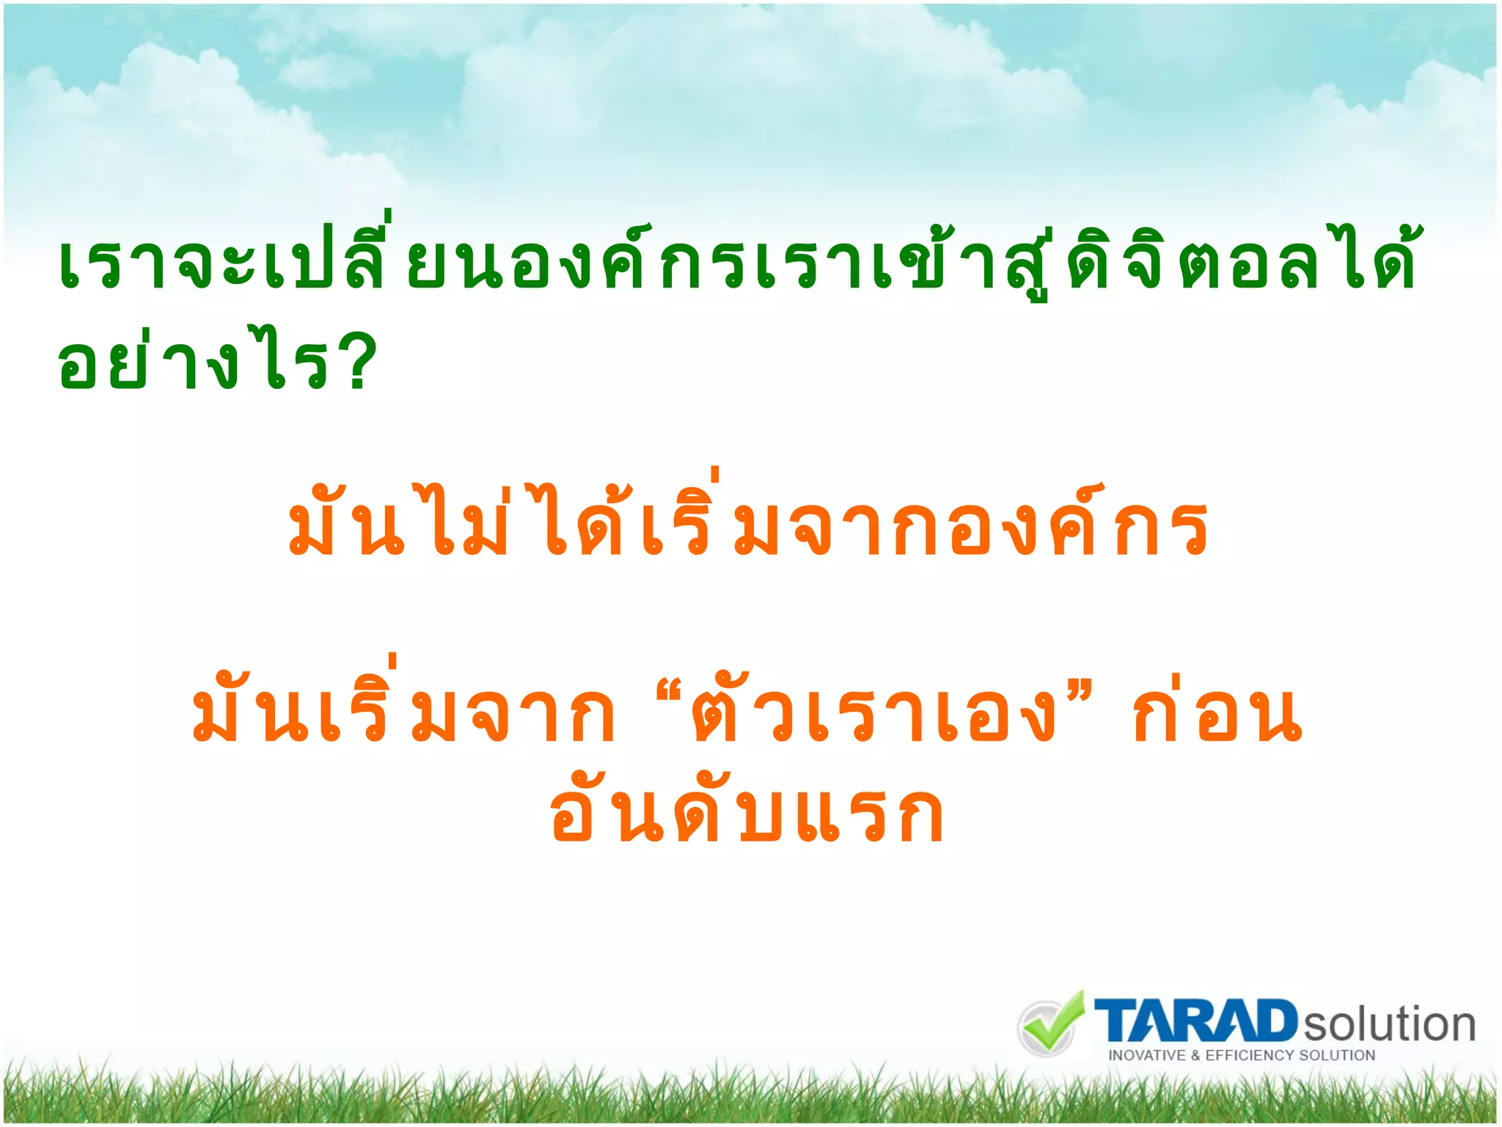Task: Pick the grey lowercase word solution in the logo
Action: (1388, 1024)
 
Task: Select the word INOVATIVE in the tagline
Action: (1146, 1056)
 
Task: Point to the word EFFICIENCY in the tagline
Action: (1250, 1056)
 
